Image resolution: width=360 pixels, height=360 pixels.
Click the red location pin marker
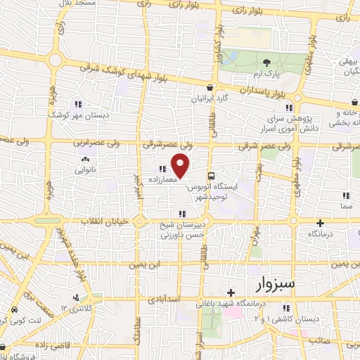[181, 166]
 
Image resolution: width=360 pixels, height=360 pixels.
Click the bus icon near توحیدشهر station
[210, 176]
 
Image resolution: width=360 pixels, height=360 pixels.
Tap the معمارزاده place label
[162, 180]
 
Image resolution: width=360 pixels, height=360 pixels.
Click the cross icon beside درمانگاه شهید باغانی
[231, 292]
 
